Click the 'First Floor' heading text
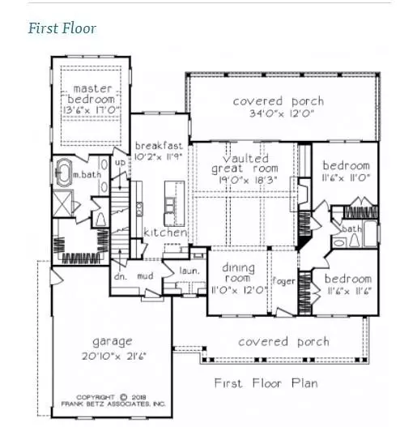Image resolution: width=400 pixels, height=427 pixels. tap(62, 28)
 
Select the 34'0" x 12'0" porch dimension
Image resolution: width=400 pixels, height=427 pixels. tap(279, 114)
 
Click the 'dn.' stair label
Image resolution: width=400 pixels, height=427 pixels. tap(123, 275)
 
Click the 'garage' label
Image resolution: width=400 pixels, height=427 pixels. tap(111, 341)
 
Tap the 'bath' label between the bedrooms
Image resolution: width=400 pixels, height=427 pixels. tap(351, 229)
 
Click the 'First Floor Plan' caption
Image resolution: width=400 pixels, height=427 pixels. tap(265, 382)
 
